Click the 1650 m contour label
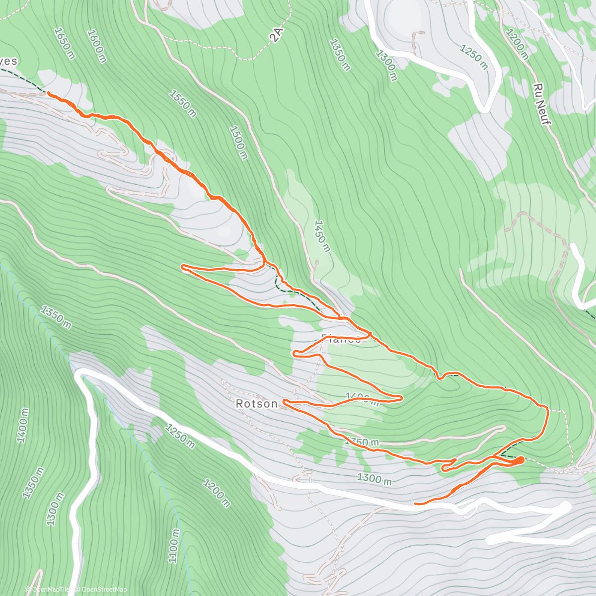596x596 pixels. pos(65,43)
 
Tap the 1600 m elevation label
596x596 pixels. pos(96,46)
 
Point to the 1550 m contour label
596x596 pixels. pos(183,103)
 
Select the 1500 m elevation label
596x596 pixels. pos(238,143)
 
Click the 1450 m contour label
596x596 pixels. pos(321,236)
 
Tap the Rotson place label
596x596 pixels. pos(256,404)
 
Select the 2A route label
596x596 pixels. pos(277,35)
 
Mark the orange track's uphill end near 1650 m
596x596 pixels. pos(48,92)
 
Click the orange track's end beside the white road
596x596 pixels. pos(415,504)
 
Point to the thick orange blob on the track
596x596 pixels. pos(517,460)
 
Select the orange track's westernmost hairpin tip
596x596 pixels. pos(183,267)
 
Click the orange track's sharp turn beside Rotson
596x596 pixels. pos(284,401)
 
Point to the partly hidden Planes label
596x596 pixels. pos(341,340)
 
